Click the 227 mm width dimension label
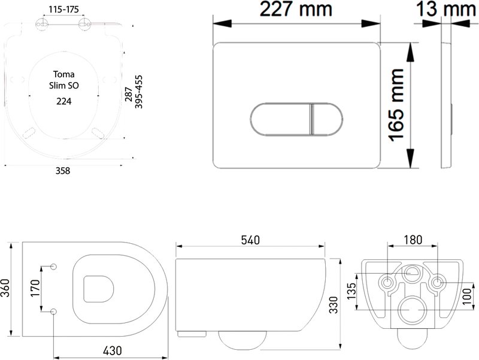pyautogui.click(x=296, y=9)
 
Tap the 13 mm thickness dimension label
pyautogui.click(x=446, y=9)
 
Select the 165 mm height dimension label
pyautogui.click(x=396, y=105)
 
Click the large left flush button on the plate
pyautogui.click(x=280, y=119)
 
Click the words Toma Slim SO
pyautogui.click(x=64, y=80)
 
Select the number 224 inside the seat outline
pyautogui.click(x=64, y=101)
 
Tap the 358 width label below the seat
pyautogui.click(x=63, y=171)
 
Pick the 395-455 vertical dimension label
pyautogui.click(x=139, y=92)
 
